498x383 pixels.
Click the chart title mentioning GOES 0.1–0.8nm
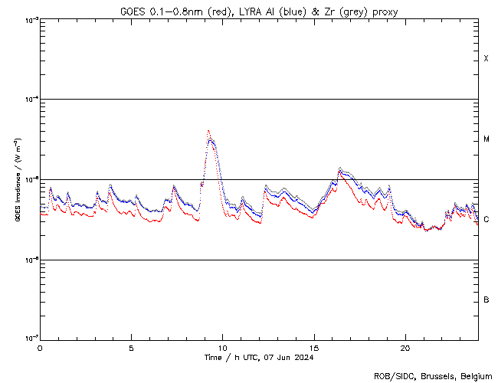pos(258,11)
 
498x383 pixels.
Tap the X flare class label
pos(486,59)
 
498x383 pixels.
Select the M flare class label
pos(486,139)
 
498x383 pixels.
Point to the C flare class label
pos(486,220)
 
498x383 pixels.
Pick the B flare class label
pos(486,300)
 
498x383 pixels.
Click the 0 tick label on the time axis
pos(40,347)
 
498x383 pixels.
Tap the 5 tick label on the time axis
pos(131,347)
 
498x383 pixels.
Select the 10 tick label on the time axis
pos(222,347)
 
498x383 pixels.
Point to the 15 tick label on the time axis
pos(313,347)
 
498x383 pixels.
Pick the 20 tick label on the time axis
pos(405,347)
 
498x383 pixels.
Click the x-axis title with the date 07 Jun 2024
pos(259,357)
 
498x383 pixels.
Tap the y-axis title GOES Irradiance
pos(17,179)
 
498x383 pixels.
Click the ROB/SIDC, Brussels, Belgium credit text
pos(432,375)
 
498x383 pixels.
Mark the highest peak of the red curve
pos(208,131)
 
